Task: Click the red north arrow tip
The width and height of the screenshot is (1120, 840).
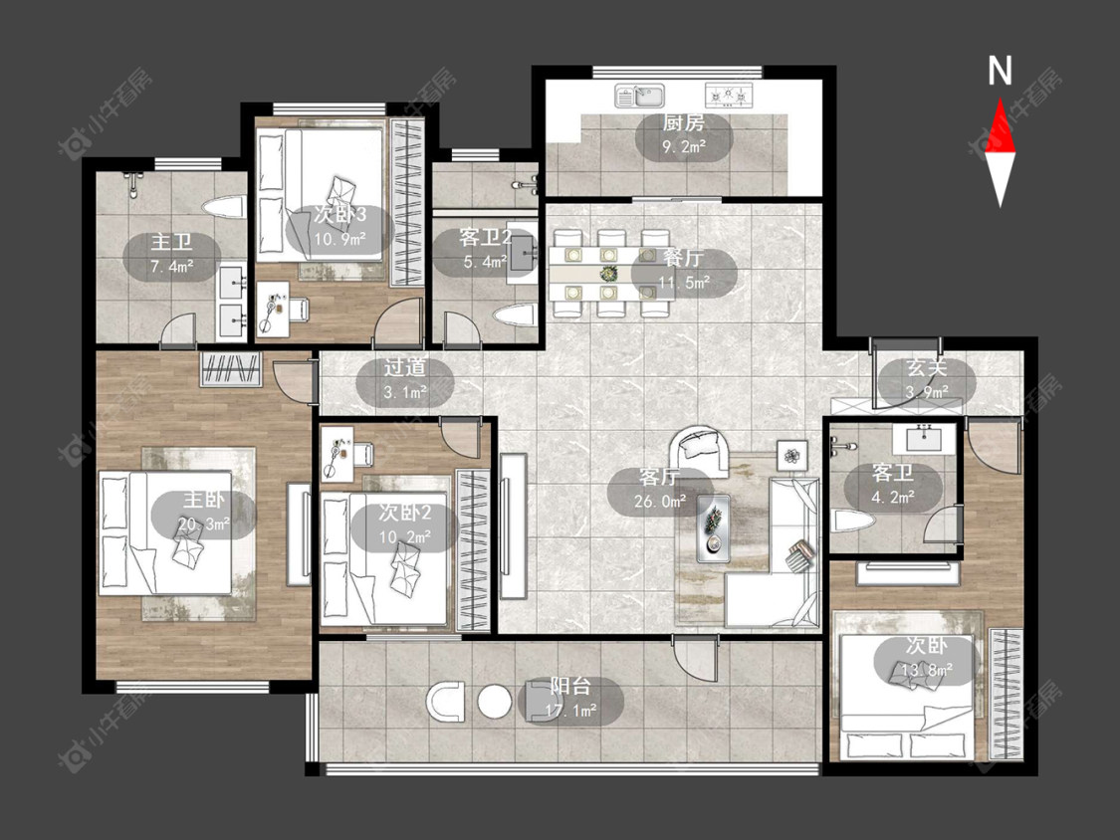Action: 1000,100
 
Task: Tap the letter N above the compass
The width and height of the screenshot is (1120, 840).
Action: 1000,71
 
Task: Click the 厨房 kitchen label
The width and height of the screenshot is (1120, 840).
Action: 684,122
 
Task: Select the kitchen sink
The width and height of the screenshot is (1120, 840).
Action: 640,96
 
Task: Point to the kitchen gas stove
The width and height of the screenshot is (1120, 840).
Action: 730,95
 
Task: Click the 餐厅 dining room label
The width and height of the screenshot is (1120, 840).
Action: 684,257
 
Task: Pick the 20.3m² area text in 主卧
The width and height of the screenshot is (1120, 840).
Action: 203,525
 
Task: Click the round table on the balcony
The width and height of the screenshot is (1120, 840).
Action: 494,702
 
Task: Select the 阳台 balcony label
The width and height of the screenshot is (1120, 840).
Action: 570,687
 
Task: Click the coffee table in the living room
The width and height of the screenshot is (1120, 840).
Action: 713,525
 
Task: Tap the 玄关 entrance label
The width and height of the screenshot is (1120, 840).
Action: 927,368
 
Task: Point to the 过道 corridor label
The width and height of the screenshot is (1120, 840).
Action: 405,367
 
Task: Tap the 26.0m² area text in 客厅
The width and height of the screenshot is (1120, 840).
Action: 660,502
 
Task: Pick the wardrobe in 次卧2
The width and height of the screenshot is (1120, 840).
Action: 473,550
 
